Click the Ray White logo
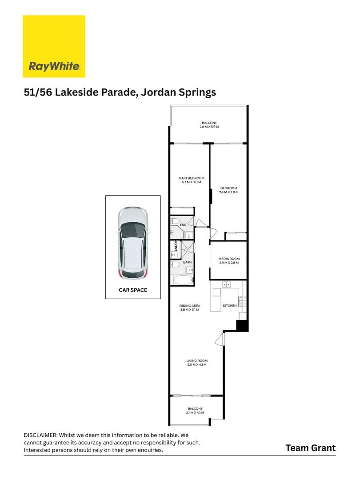pyautogui.click(x=54, y=46)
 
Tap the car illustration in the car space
pyautogui.click(x=132, y=243)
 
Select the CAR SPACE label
pyautogui.click(x=132, y=290)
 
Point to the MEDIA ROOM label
pyautogui.click(x=229, y=259)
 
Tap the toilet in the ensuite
pyautogui.click(x=175, y=221)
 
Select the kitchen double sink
pyautogui.click(x=227, y=284)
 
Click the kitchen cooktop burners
pyautogui.click(x=241, y=302)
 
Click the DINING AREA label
pyautogui.click(x=190, y=306)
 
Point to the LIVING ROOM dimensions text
pyautogui.click(x=197, y=365)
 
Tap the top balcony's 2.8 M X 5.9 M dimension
pyautogui.click(x=209, y=127)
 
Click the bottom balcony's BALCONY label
pyautogui.click(x=195, y=408)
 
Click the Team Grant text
pyautogui.click(x=310, y=448)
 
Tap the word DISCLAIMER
pyautogui.click(x=40, y=435)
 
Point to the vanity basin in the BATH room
pyautogui.click(x=189, y=270)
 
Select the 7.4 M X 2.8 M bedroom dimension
pyautogui.click(x=229, y=192)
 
